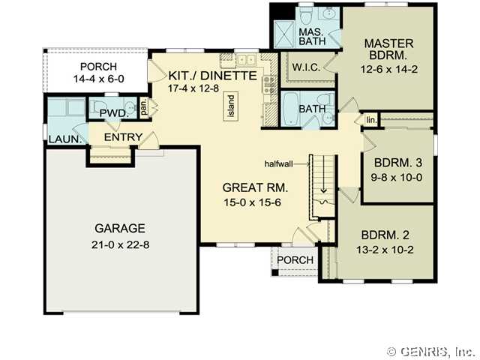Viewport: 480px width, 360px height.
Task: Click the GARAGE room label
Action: click(120, 228)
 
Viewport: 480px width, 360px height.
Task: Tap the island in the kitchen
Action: click(232, 106)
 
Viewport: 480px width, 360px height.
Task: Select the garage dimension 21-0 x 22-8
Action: click(120, 245)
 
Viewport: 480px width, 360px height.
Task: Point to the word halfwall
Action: click(278, 164)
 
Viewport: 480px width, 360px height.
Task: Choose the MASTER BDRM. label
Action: click(388, 49)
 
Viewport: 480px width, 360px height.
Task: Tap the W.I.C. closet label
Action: click(307, 67)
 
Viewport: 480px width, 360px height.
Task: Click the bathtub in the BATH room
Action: click(290, 109)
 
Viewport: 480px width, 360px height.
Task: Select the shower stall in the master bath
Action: click(283, 34)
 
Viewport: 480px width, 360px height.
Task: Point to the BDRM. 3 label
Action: click(398, 163)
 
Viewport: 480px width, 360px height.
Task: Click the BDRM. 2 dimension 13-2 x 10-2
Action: click(385, 250)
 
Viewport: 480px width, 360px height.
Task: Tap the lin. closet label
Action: click(371, 120)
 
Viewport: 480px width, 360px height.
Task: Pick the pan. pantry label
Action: click(144, 106)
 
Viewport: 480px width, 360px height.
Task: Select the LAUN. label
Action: click(65, 139)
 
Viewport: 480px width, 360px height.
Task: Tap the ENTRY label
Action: click(123, 137)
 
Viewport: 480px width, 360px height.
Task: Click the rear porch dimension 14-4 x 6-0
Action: click(98, 79)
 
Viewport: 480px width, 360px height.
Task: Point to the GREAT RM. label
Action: click(255, 187)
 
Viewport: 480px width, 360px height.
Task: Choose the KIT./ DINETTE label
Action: click(213, 76)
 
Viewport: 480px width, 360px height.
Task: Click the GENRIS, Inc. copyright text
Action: click(432, 352)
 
